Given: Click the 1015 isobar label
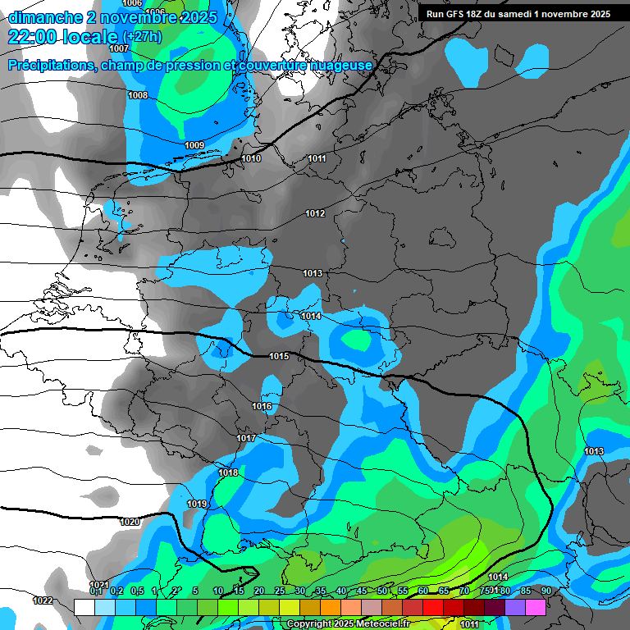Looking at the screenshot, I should tap(279, 356).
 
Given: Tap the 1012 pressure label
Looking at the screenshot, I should tap(315, 213).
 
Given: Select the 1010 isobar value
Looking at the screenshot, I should tap(252, 158).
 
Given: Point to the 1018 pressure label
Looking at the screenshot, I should tap(228, 472).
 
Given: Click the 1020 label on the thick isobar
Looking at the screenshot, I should tap(130, 522).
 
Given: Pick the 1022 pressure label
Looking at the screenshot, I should tap(43, 600).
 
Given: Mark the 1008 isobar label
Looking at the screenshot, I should tap(138, 96).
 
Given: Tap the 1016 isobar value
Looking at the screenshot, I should tap(262, 406).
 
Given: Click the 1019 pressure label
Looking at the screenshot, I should tap(197, 504).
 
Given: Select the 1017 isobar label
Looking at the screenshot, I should tap(246, 438).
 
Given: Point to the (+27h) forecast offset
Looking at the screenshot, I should tap(142, 38).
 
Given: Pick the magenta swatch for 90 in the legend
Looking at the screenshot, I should tap(536, 607).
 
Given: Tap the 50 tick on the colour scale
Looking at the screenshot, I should tap(382, 591).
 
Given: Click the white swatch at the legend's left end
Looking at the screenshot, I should tap(84, 607).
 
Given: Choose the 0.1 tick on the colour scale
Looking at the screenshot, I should tap(96, 591).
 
